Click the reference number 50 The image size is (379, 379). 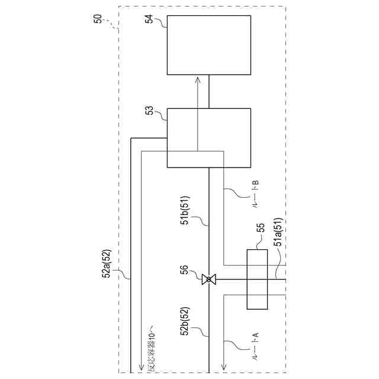pos(98,19)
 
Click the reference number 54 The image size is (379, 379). pos(150,20)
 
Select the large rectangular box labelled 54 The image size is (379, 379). pos(208,45)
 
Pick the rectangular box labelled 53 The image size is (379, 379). pos(208,138)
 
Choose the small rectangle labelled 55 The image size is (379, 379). pos(257,280)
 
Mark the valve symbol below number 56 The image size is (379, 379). pos(209,280)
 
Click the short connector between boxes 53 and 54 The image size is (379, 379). pos(209,92)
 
